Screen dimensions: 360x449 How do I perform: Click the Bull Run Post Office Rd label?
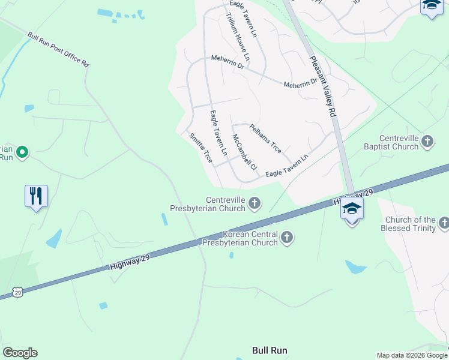pyautogui.click(x=58, y=49)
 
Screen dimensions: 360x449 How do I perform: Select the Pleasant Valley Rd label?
pyautogui.click(x=324, y=86)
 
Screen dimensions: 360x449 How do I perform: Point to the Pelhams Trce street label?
pyautogui.click(x=265, y=138)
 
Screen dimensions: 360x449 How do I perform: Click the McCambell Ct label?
pyautogui.click(x=244, y=152)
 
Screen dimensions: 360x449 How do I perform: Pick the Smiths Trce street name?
pyautogui.click(x=200, y=148)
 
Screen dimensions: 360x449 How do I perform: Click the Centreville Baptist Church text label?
pyautogui.click(x=391, y=142)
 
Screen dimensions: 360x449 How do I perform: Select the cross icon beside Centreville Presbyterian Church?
pyautogui.click(x=255, y=204)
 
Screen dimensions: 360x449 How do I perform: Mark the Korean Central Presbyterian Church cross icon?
pyautogui.click(x=287, y=238)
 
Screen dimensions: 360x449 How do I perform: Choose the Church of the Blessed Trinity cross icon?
pyautogui.click(x=444, y=224)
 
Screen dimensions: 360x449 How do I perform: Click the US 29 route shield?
pyautogui.click(x=17, y=292)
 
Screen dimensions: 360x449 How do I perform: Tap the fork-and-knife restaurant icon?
pyautogui.click(x=36, y=196)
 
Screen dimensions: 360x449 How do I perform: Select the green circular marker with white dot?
pyautogui.click(x=22, y=152)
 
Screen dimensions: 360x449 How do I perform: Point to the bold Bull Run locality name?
pyautogui.click(x=270, y=350)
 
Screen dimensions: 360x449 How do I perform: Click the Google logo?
pyautogui.click(x=20, y=353)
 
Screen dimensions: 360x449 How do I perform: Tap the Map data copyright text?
pyautogui.click(x=411, y=355)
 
